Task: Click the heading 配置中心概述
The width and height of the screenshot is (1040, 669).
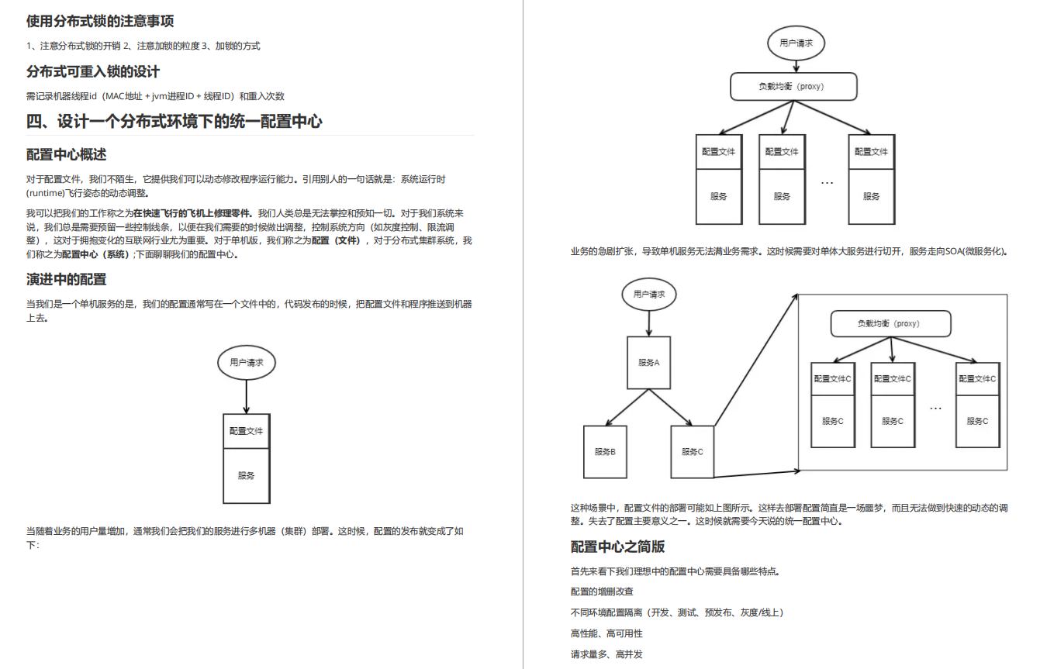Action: coord(67,154)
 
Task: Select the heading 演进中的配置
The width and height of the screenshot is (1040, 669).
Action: coord(67,279)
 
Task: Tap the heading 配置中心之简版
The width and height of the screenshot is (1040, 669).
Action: coord(617,547)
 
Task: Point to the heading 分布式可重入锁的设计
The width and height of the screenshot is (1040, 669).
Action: coord(93,71)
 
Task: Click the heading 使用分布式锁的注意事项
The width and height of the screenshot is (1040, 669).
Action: coord(100,21)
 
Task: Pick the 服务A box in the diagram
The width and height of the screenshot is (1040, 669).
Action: coord(648,362)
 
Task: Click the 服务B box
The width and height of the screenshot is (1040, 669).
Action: coord(605,451)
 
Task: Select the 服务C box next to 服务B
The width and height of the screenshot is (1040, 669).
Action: coord(692,451)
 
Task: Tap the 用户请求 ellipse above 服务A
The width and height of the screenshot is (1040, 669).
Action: coord(648,295)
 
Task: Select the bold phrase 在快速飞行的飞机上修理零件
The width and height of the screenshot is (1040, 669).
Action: coord(193,213)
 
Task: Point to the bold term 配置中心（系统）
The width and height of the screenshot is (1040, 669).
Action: coord(95,254)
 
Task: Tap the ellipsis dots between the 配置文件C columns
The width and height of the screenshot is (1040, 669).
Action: coord(935,408)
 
